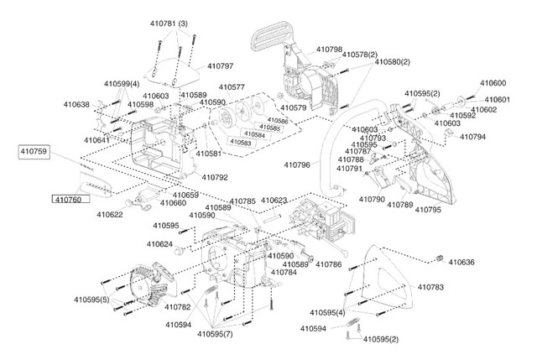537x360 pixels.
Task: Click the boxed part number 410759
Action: (x=34, y=152)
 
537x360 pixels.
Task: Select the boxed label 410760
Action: (x=70, y=200)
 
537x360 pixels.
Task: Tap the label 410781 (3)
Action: (x=169, y=24)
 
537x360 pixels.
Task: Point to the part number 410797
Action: (x=221, y=66)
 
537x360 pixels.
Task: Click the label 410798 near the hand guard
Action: (x=329, y=50)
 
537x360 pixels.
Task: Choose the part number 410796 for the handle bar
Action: (x=297, y=165)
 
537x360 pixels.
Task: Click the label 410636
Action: (x=461, y=263)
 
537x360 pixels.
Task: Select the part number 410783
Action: (x=430, y=287)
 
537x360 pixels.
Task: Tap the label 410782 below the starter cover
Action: (x=177, y=307)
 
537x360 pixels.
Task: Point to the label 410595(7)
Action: (x=215, y=334)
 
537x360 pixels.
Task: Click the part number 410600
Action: (x=493, y=83)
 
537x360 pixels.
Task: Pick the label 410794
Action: (x=472, y=137)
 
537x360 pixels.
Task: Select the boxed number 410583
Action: (x=241, y=142)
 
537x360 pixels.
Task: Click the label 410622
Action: (x=110, y=215)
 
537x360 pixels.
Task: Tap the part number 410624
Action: (x=159, y=244)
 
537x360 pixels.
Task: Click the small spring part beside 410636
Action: (x=439, y=258)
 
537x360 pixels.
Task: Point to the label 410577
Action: (x=232, y=87)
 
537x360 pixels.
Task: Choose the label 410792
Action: (x=215, y=178)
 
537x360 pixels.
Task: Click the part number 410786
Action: (x=328, y=264)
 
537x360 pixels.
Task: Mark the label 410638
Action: (x=76, y=104)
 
